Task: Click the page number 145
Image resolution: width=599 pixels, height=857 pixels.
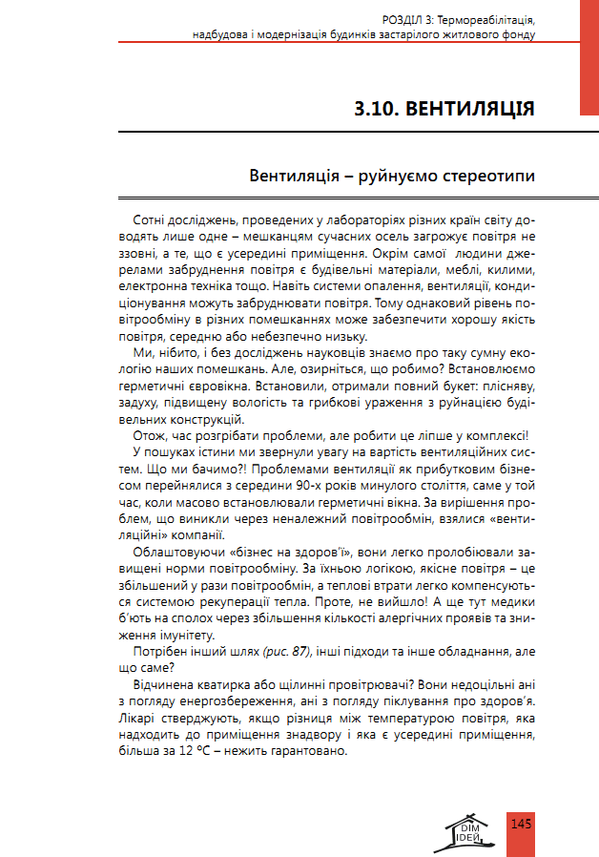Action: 521,824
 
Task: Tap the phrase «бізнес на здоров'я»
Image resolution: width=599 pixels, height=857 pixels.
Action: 270,552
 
